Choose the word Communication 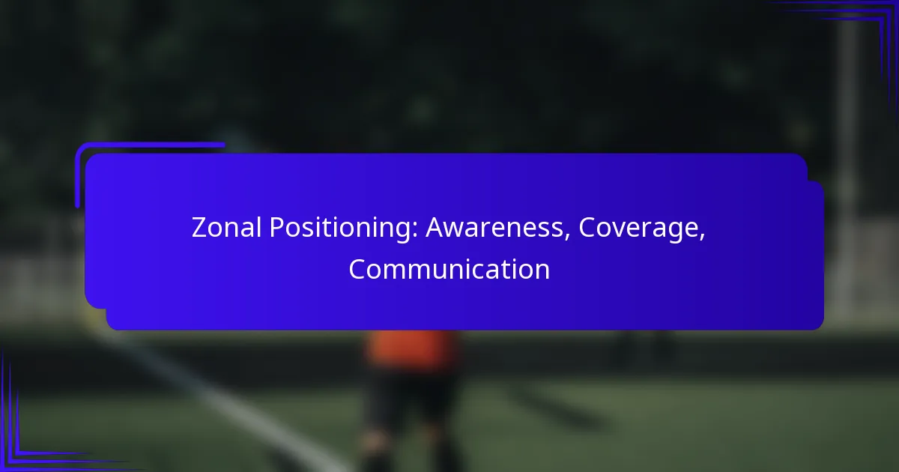pyautogui.click(x=449, y=269)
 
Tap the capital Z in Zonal pyautogui.click(x=199, y=228)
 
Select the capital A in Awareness pyautogui.click(x=435, y=228)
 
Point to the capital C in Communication pyautogui.click(x=358, y=269)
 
